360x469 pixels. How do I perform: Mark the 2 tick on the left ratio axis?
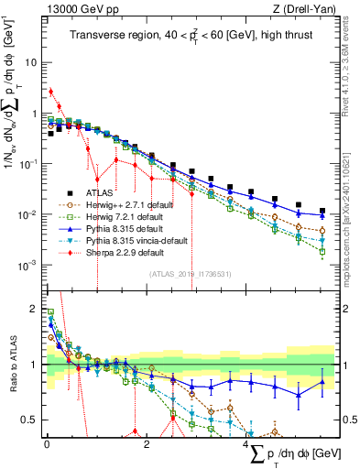(x=34, y=309)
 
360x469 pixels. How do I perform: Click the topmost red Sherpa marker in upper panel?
(x=51, y=92)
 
